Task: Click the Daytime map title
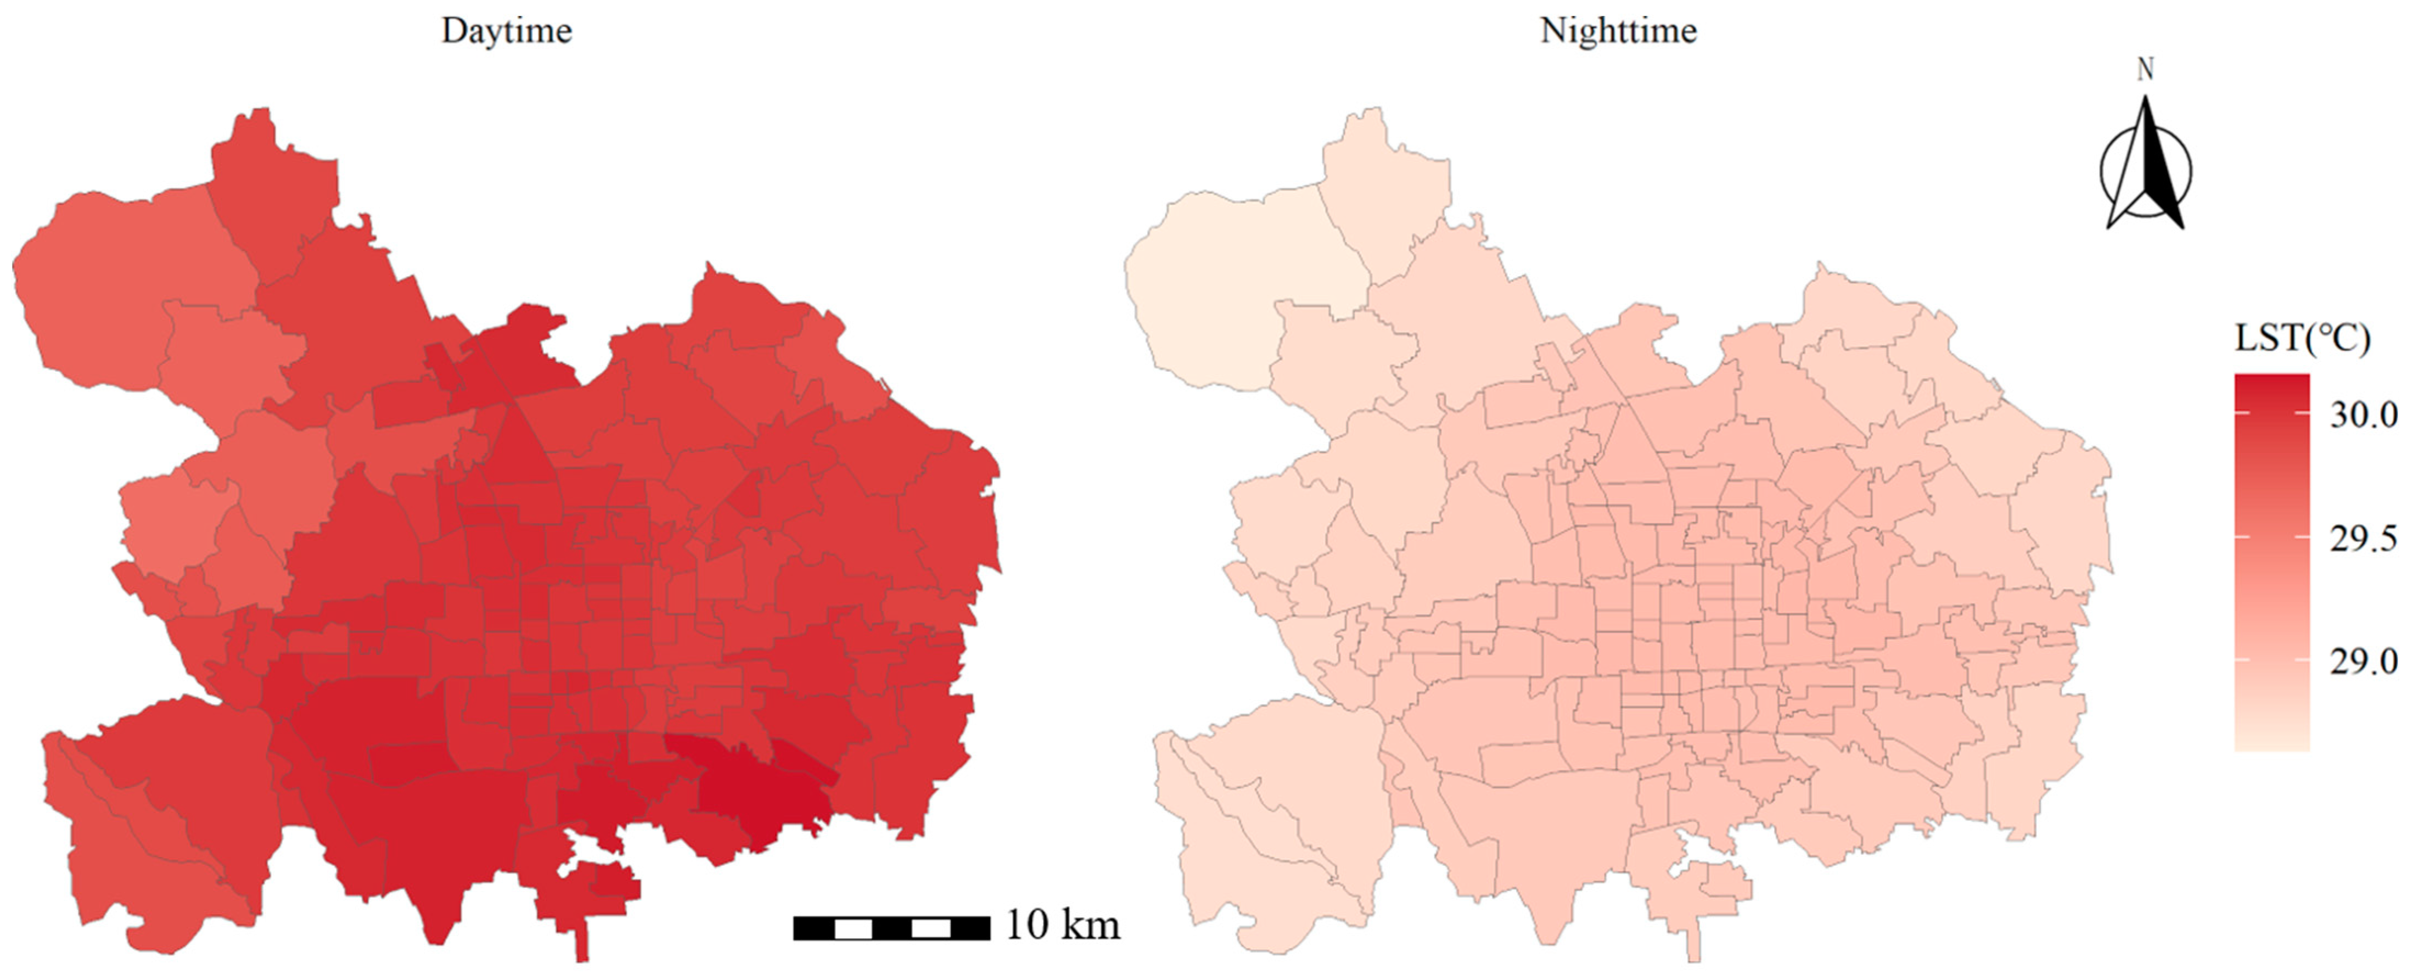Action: [506, 31]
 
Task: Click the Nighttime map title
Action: [1619, 31]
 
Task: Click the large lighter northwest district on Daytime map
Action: [113, 282]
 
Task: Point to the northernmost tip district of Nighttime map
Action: [1383, 179]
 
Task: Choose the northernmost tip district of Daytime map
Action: [273, 179]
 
